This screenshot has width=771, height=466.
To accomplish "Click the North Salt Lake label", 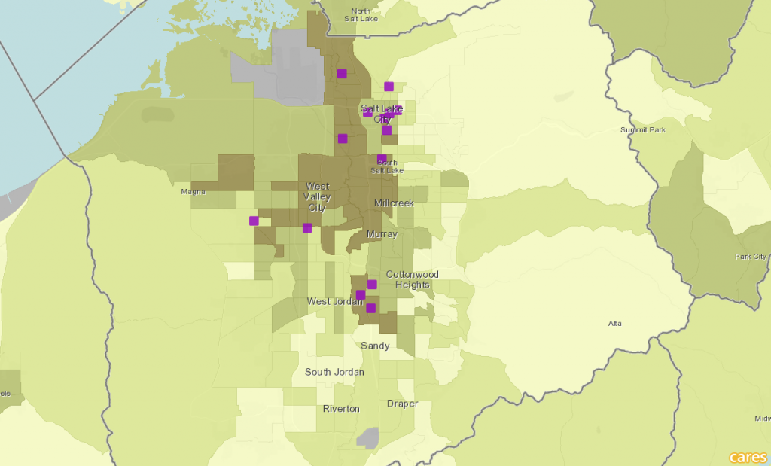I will [x=361, y=14].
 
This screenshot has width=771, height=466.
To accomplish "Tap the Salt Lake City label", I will [x=382, y=114].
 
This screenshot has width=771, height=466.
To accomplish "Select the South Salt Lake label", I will [x=387, y=166].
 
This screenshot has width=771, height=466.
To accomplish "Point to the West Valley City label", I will [x=317, y=196].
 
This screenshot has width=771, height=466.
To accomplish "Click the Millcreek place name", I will [x=394, y=203].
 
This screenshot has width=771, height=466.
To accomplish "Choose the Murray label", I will [x=382, y=234].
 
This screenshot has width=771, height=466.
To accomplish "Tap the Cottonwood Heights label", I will [x=412, y=279].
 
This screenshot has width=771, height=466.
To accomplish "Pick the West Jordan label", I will [x=329, y=301].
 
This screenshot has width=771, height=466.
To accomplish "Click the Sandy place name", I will [x=375, y=346].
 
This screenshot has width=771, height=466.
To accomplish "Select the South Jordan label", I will [x=334, y=372].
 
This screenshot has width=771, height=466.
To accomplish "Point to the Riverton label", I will [x=341, y=409].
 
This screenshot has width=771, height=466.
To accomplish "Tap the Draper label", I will [x=402, y=404].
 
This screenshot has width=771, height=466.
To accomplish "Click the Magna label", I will [x=194, y=191].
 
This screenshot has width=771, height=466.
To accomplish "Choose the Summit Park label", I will [x=642, y=130].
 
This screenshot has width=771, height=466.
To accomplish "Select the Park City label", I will [x=750, y=257].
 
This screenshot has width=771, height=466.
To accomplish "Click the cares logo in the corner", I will [x=748, y=457].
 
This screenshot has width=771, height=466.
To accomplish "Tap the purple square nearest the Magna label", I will [x=254, y=221].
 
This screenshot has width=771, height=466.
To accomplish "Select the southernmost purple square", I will [x=370, y=308].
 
